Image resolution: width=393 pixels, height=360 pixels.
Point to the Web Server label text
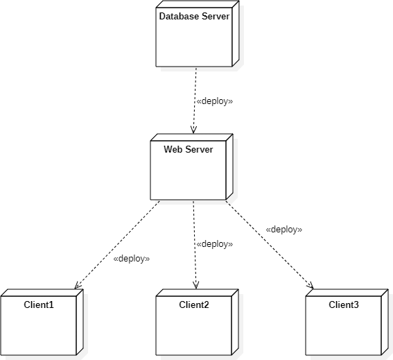click(x=188, y=149)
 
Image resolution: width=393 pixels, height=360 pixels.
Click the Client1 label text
click(x=38, y=305)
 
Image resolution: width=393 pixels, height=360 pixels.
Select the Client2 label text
click(x=193, y=305)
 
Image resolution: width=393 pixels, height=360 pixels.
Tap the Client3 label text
click(x=343, y=305)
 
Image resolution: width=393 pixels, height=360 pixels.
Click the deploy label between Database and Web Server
click(x=215, y=101)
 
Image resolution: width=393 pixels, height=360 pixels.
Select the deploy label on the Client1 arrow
click(x=131, y=259)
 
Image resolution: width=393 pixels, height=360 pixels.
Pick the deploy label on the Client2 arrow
click(x=215, y=244)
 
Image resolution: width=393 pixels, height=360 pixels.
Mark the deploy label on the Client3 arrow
click(x=284, y=229)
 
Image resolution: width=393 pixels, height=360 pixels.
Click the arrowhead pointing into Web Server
click(x=193, y=132)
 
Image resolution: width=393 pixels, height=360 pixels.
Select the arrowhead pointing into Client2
click(x=195, y=285)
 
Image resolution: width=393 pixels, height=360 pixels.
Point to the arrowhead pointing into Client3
click(x=310, y=285)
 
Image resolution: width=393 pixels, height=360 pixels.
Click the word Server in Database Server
click(x=216, y=16)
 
